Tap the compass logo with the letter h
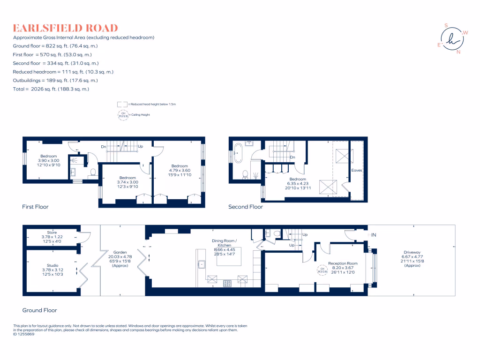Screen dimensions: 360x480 click(452, 38)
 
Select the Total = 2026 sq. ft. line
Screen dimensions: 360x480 click(51, 89)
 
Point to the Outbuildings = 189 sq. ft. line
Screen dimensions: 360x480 click(55, 80)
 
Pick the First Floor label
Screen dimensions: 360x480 click(35, 207)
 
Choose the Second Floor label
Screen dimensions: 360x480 click(245, 207)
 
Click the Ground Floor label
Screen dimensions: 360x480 click(39, 310)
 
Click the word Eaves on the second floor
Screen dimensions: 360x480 click(357, 171)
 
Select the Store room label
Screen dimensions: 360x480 click(52, 232)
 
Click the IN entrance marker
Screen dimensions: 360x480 click(374, 235)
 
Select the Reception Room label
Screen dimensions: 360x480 click(343, 263)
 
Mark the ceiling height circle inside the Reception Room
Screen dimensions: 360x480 click(323, 271)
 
